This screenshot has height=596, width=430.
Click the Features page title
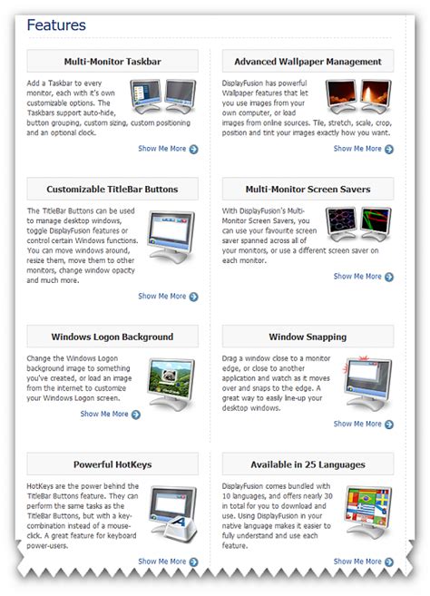point(56,24)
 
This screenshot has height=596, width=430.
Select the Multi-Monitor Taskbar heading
point(112,62)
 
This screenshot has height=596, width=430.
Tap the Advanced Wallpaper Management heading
point(307,62)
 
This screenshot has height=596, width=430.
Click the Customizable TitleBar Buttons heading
point(112,190)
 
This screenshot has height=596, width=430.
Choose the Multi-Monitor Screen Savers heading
point(307,190)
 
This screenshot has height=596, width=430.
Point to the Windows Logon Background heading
point(112,337)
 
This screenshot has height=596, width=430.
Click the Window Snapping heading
point(307,337)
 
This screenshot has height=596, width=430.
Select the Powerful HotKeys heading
point(112,464)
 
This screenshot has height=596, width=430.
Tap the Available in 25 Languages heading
point(307,464)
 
